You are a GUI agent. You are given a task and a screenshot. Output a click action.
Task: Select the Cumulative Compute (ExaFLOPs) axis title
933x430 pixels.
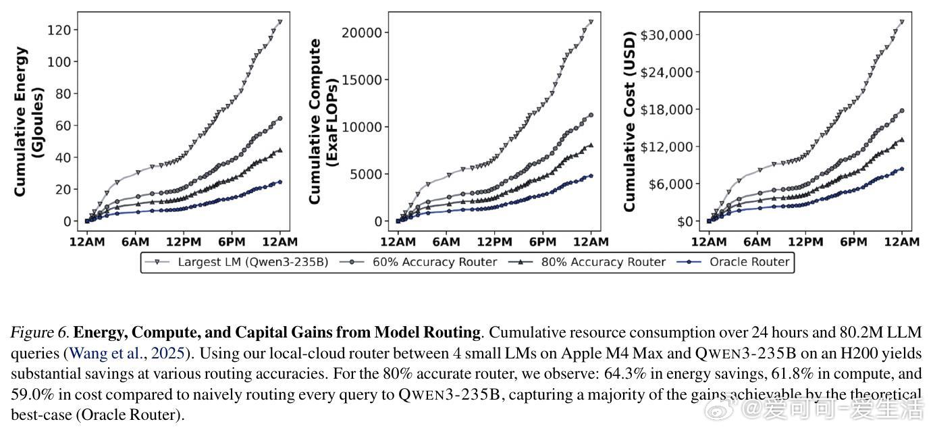click(x=323, y=122)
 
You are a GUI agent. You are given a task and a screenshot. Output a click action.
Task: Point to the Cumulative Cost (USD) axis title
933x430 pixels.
click(x=629, y=122)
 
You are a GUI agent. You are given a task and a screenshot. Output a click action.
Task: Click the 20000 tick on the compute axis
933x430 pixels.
click(x=362, y=32)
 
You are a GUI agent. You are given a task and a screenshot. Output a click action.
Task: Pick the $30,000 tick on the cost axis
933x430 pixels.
click(x=666, y=35)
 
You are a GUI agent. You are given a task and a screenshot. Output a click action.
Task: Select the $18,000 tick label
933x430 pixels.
click(x=666, y=109)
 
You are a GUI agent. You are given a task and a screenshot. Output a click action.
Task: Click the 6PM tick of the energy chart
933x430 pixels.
click(x=232, y=242)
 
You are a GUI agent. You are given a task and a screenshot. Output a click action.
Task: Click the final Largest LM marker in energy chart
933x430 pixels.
click(x=279, y=22)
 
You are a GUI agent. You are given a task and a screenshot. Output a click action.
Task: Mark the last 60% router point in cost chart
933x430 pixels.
click(x=902, y=111)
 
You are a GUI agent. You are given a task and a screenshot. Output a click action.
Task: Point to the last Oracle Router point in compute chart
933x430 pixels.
click(x=591, y=176)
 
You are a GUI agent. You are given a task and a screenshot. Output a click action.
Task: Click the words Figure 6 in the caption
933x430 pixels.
click(x=39, y=332)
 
